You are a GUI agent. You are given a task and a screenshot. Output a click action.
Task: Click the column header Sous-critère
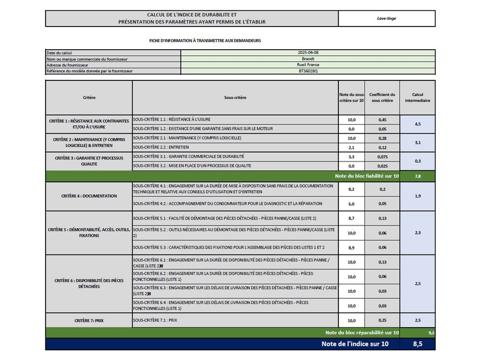(235, 97)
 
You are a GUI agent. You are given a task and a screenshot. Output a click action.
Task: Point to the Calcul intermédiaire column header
(418, 97)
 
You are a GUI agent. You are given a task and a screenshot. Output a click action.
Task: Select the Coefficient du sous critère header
(382, 97)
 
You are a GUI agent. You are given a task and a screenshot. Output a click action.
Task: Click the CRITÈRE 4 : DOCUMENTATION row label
(89, 196)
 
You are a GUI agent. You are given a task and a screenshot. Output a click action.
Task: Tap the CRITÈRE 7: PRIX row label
(89, 320)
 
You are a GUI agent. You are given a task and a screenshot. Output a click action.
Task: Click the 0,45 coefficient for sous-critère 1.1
(382, 120)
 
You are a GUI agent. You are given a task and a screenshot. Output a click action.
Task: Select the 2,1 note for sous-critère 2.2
(352, 147)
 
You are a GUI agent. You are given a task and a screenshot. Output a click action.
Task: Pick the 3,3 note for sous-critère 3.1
(352, 157)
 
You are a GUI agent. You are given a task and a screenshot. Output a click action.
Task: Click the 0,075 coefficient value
(382, 157)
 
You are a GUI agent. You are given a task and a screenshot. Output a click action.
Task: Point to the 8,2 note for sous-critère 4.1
(352, 189)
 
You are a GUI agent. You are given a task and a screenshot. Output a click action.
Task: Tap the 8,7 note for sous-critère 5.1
(352, 218)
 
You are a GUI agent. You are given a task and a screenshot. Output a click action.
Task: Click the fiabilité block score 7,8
(418, 176)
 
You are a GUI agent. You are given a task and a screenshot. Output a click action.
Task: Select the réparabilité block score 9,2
(431, 332)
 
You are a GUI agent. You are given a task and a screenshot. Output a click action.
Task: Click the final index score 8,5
(418, 344)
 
